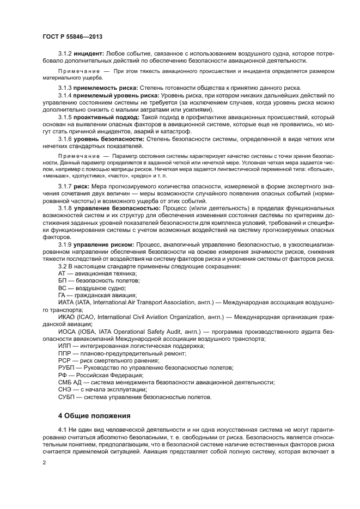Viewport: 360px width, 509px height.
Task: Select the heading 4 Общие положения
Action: (x=94, y=415)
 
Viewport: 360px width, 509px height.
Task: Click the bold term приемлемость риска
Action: (x=106, y=88)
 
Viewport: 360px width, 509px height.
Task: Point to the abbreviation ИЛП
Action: (x=64, y=345)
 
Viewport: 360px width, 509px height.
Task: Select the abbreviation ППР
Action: (x=65, y=352)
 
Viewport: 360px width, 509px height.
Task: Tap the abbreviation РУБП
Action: (x=66, y=367)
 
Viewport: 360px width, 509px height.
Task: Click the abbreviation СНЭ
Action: (x=65, y=389)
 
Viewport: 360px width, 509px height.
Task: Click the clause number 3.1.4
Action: (x=65, y=95)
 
